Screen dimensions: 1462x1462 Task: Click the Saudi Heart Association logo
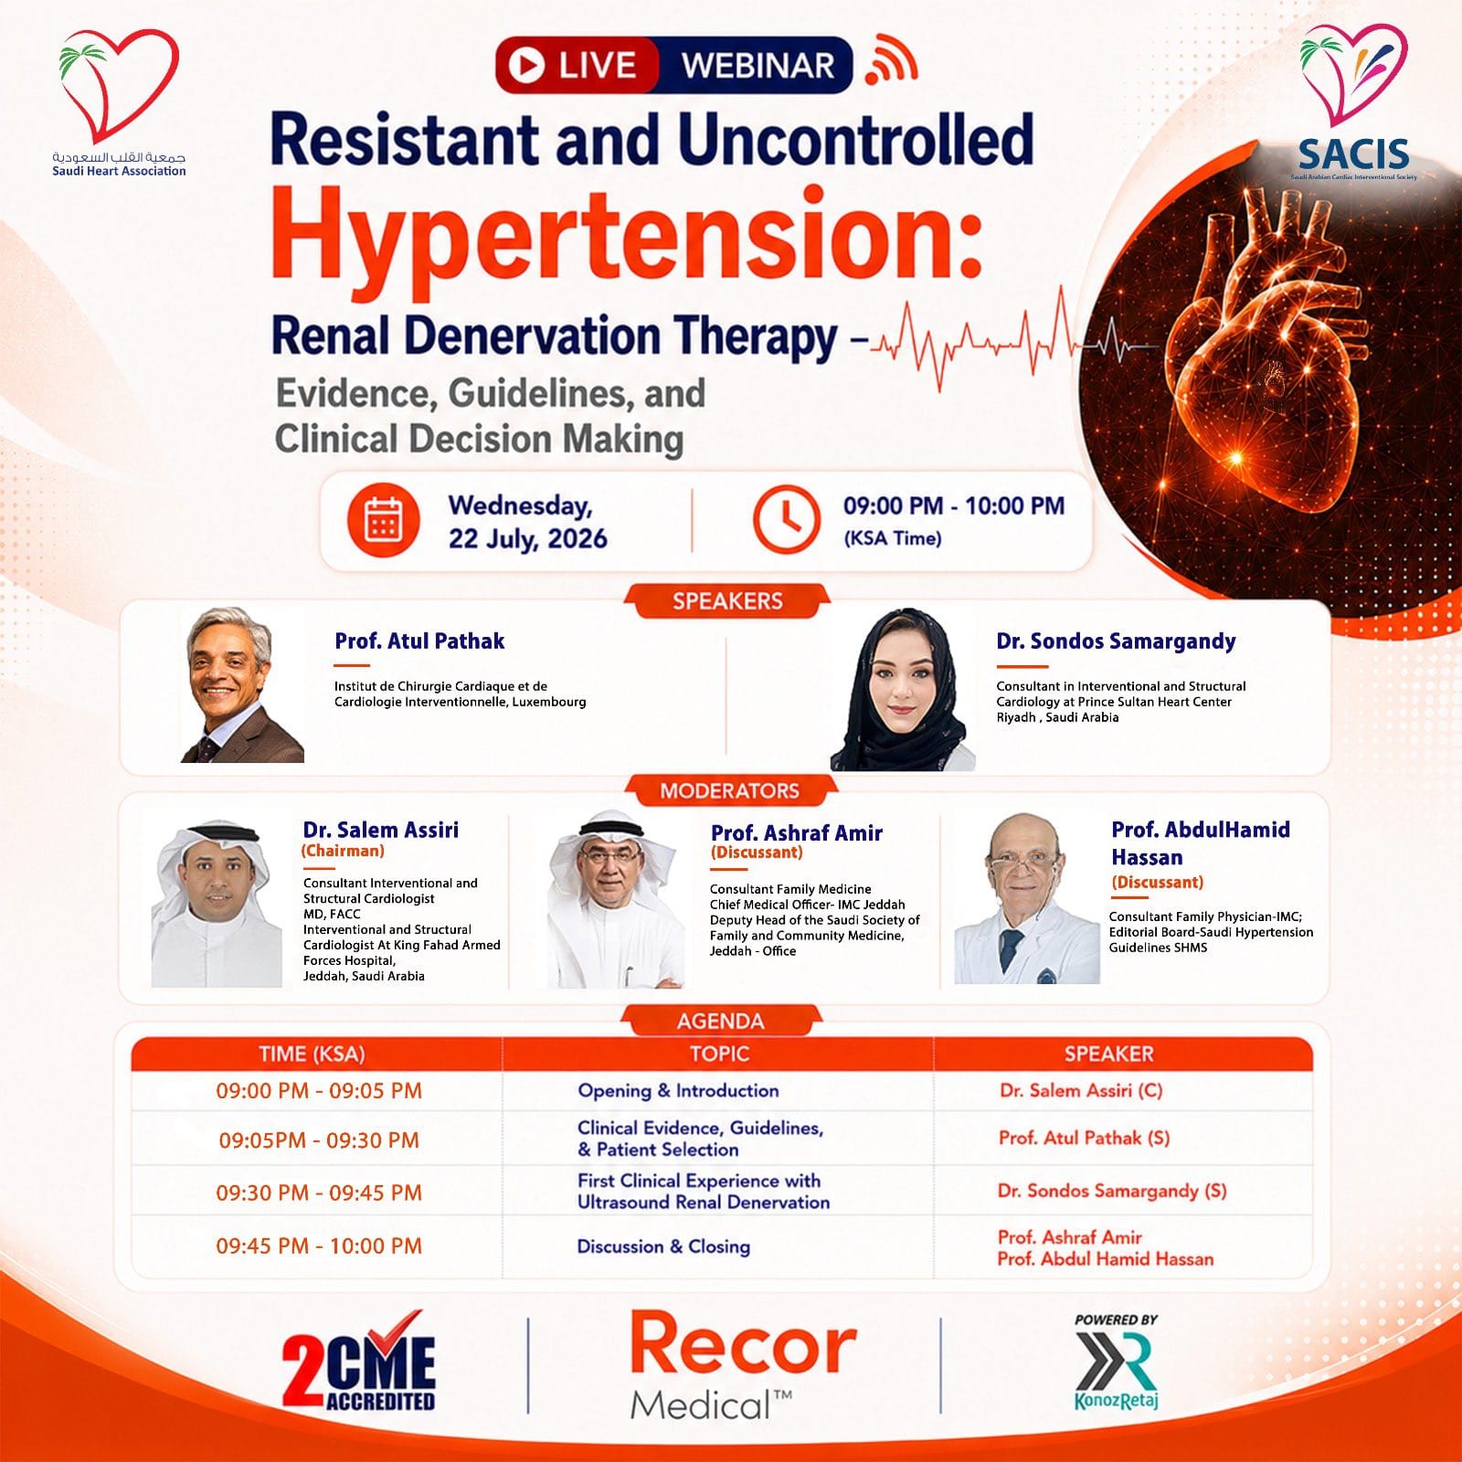pyautogui.click(x=119, y=102)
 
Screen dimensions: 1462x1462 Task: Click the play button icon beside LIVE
pyautogui.click(x=525, y=65)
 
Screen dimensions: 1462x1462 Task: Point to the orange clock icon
pyautogui.click(x=787, y=520)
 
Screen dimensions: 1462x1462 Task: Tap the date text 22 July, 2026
pyautogui.click(x=527, y=538)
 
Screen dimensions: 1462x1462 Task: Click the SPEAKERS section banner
pyautogui.click(x=727, y=601)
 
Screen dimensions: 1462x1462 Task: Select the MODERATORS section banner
pyautogui.click(x=729, y=791)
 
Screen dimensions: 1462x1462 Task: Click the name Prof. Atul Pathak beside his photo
pyautogui.click(x=419, y=641)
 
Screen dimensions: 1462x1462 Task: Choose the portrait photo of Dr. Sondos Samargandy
pyautogui.click(x=903, y=690)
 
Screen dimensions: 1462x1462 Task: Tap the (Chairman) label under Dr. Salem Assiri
pyautogui.click(x=343, y=851)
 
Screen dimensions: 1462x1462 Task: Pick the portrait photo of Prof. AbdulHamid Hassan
pyautogui.click(x=1027, y=898)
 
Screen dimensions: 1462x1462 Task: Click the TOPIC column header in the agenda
pyautogui.click(x=719, y=1054)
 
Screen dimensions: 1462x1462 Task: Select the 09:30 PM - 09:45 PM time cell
pyautogui.click(x=319, y=1192)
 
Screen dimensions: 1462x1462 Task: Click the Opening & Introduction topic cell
pyautogui.click(x=678, y=1090)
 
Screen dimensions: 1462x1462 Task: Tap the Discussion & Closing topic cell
pyautogui.click(x=663, y=1246)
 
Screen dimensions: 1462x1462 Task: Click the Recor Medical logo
pyautogui.click(x=743, y=1366)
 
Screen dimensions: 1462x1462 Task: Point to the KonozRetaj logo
pyautogui.click(x=1116, y=1362)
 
